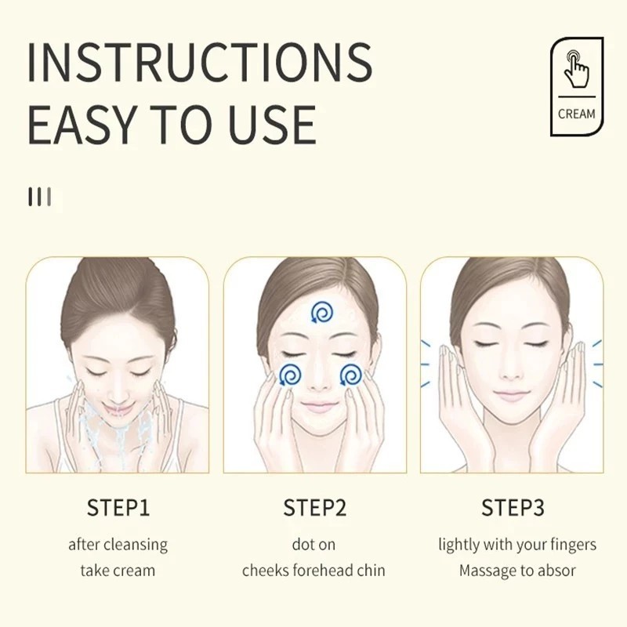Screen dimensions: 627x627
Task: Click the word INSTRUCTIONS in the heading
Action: (x=200, y=61)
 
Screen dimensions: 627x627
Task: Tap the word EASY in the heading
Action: (x=81, y=125)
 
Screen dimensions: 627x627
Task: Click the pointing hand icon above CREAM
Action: (x=576, y=69)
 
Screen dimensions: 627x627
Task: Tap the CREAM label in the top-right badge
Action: (x=576, y=114)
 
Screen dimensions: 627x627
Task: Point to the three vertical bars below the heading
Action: (x=40, y=197)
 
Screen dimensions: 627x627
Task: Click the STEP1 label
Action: (x=118, y=508)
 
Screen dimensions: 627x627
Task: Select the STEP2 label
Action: (x=315, y=508)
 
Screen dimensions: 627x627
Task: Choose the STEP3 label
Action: (x=513, y=508)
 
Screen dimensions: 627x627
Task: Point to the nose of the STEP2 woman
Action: (x=317, y=380)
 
